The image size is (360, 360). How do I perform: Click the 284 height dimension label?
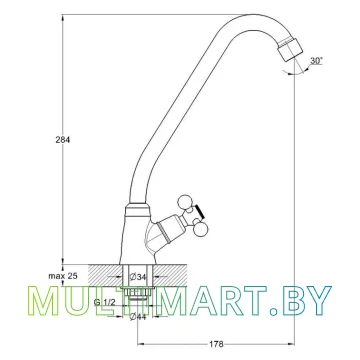coord(63,140)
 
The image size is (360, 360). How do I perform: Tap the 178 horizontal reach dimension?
coord(217,344)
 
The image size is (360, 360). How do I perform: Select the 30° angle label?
coord(316,61)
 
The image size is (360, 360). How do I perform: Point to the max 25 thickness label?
coord(63,276)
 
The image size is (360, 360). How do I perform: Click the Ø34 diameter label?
coord(139,276)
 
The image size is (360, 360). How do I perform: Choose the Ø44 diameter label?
coord(138,317)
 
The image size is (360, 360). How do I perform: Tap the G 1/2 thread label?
coord(104,302)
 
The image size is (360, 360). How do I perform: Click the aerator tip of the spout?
coord(291,51)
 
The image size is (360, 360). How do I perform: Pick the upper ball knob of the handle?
coord(183,202)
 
